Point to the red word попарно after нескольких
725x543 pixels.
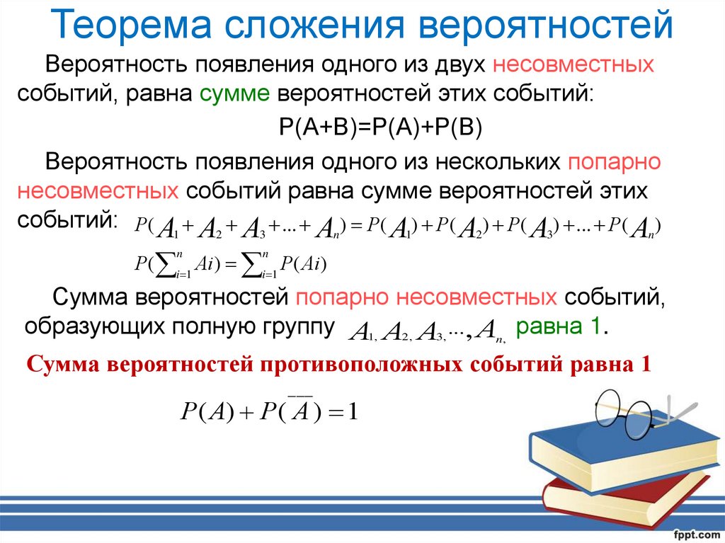pos(614,162)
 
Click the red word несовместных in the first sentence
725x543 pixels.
pos(573,64)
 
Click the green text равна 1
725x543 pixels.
pos(561,327)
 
